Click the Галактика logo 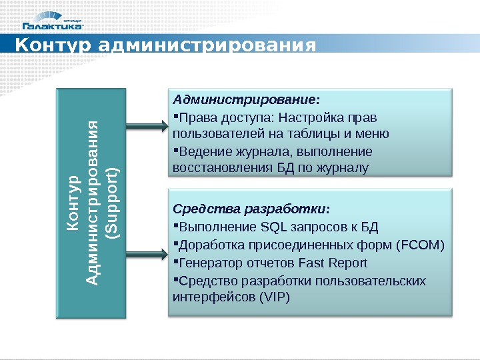point(53,25)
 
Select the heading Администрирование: point(246,100)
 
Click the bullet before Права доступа point(175,117)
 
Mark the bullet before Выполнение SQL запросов point(175,226)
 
